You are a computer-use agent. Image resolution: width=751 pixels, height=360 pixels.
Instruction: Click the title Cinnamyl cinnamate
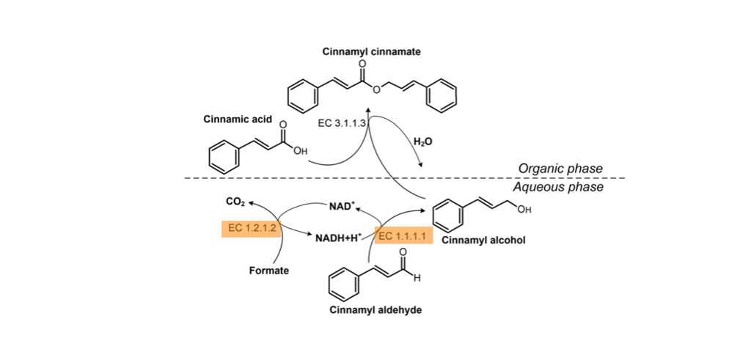point(371,52)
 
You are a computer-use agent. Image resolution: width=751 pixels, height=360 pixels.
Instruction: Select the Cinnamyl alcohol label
point(483,240)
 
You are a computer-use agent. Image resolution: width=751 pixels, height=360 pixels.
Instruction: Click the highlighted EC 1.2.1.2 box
point(251,228)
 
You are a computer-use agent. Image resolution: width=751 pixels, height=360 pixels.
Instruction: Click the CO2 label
point(235,200)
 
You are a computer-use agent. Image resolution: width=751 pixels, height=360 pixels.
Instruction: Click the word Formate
point(269,271)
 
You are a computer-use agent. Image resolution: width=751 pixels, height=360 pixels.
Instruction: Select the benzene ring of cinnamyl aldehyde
point(341,287)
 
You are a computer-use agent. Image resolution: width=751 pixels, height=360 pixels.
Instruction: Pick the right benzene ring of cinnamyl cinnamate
point(444,97)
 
